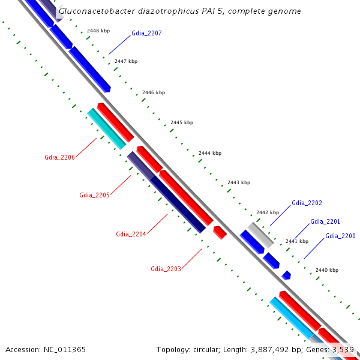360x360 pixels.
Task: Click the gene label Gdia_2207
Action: (x=146, y=33)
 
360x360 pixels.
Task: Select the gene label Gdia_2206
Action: (x=59, y=157)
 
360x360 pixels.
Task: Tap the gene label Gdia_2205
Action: (x=94, y=195)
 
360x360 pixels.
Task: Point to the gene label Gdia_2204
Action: (x=131, y=233)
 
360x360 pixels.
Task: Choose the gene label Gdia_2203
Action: (x=166, y=269)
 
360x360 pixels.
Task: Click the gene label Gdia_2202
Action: (x=307, y=203)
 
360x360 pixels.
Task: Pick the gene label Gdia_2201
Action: (x=325, y=221)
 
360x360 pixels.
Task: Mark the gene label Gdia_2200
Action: (x=340, y=236)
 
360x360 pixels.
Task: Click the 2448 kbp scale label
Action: (x=98, y=30)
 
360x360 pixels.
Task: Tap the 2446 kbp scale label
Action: (x=154, y=92)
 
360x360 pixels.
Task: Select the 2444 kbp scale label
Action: (x=209, y=153)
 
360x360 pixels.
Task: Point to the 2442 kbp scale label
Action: (x=268, y=212)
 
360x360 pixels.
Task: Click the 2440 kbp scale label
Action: (x=326, y=270)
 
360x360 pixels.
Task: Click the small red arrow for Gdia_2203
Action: (x=220, y=232)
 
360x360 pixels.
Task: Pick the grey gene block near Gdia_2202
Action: (x=261, y=235)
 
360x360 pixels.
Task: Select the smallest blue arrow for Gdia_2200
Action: (x=287, y=275)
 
